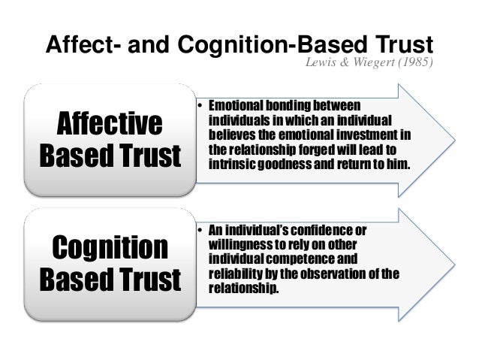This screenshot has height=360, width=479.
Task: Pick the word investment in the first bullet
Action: click(x=360, y=132)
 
